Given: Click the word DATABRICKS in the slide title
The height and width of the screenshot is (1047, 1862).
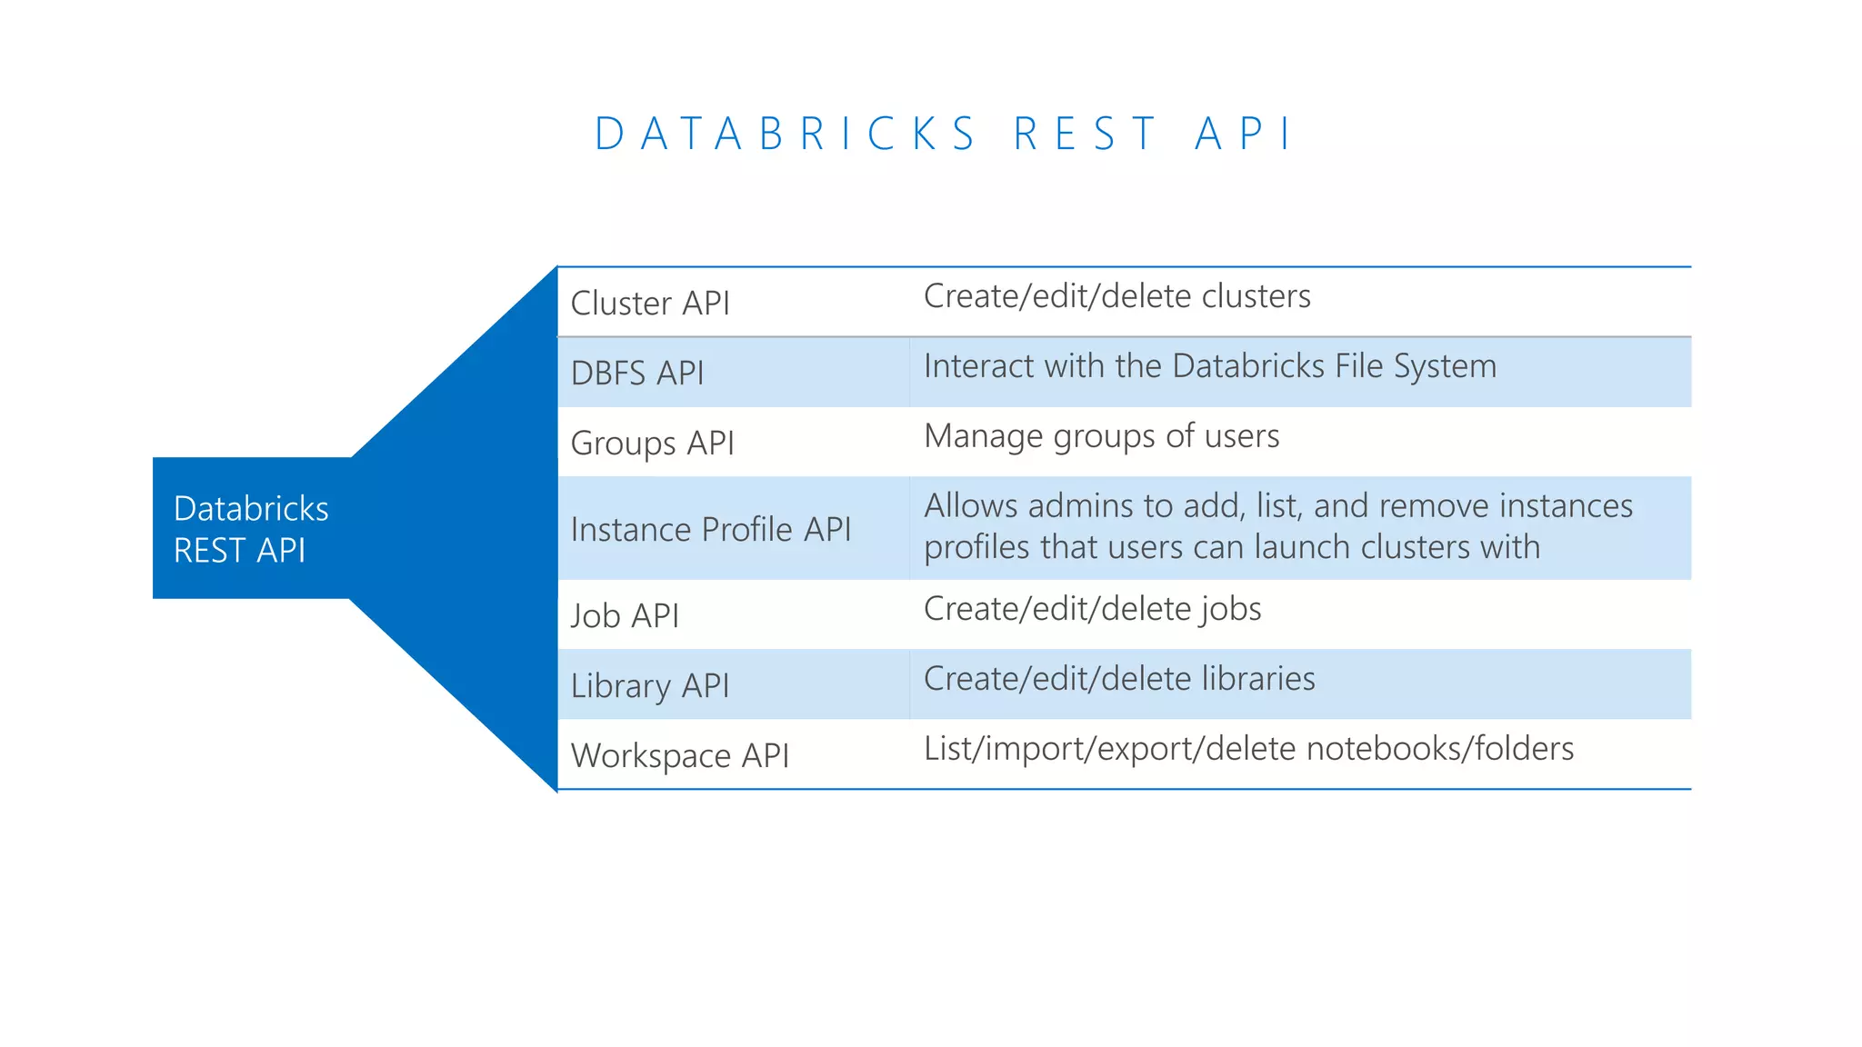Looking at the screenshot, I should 786,135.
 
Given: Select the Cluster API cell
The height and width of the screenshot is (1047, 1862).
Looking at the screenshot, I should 650,304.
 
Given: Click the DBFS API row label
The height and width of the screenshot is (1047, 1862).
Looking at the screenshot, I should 637,374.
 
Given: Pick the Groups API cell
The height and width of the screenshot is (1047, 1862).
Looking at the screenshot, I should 652,444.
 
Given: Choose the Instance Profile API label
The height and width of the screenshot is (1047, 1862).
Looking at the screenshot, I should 711,530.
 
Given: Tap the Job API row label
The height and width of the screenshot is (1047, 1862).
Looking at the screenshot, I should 625,616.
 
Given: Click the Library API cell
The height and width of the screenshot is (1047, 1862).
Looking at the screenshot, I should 650,686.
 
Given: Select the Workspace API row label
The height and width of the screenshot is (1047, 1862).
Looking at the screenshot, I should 680,756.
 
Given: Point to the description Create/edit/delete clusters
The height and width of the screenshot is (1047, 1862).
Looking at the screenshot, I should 1116,296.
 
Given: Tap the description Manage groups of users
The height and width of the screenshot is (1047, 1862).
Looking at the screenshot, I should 1101,436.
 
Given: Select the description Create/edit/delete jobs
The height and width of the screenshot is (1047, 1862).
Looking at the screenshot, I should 1092,609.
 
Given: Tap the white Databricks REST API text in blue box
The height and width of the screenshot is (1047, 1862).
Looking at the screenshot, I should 251,529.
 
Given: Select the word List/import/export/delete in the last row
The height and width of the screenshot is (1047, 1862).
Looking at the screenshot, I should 1109,749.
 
